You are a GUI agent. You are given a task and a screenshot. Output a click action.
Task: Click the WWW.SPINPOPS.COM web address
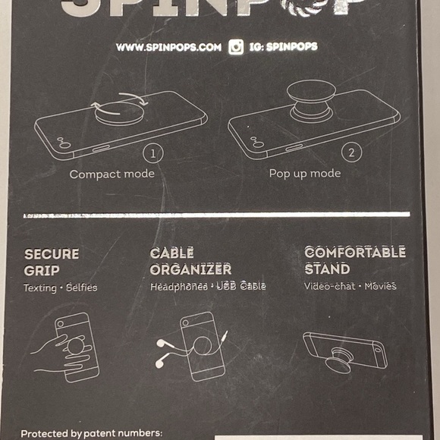coord(168,47)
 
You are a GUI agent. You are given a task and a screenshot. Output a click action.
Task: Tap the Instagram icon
coord(236,47)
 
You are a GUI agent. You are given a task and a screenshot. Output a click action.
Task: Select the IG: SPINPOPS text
coord(282,47)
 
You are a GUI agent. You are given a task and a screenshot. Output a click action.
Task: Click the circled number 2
coord(350,152)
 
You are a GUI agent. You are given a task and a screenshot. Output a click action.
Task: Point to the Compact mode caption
coord(112,174)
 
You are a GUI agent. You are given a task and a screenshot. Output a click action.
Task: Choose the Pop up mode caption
coord(305,174)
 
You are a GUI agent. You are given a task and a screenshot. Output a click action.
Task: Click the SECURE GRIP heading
coord(52,262)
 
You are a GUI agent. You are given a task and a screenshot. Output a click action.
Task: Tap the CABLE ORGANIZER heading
coord(190,261)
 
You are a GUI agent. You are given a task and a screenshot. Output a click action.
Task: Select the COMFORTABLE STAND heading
coord(354,260)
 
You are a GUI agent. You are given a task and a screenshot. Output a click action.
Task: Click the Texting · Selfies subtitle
coord(60,288)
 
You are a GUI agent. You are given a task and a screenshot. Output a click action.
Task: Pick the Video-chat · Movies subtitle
coord(350,286)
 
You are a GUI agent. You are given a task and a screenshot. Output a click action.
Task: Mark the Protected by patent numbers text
coord(91,433)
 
